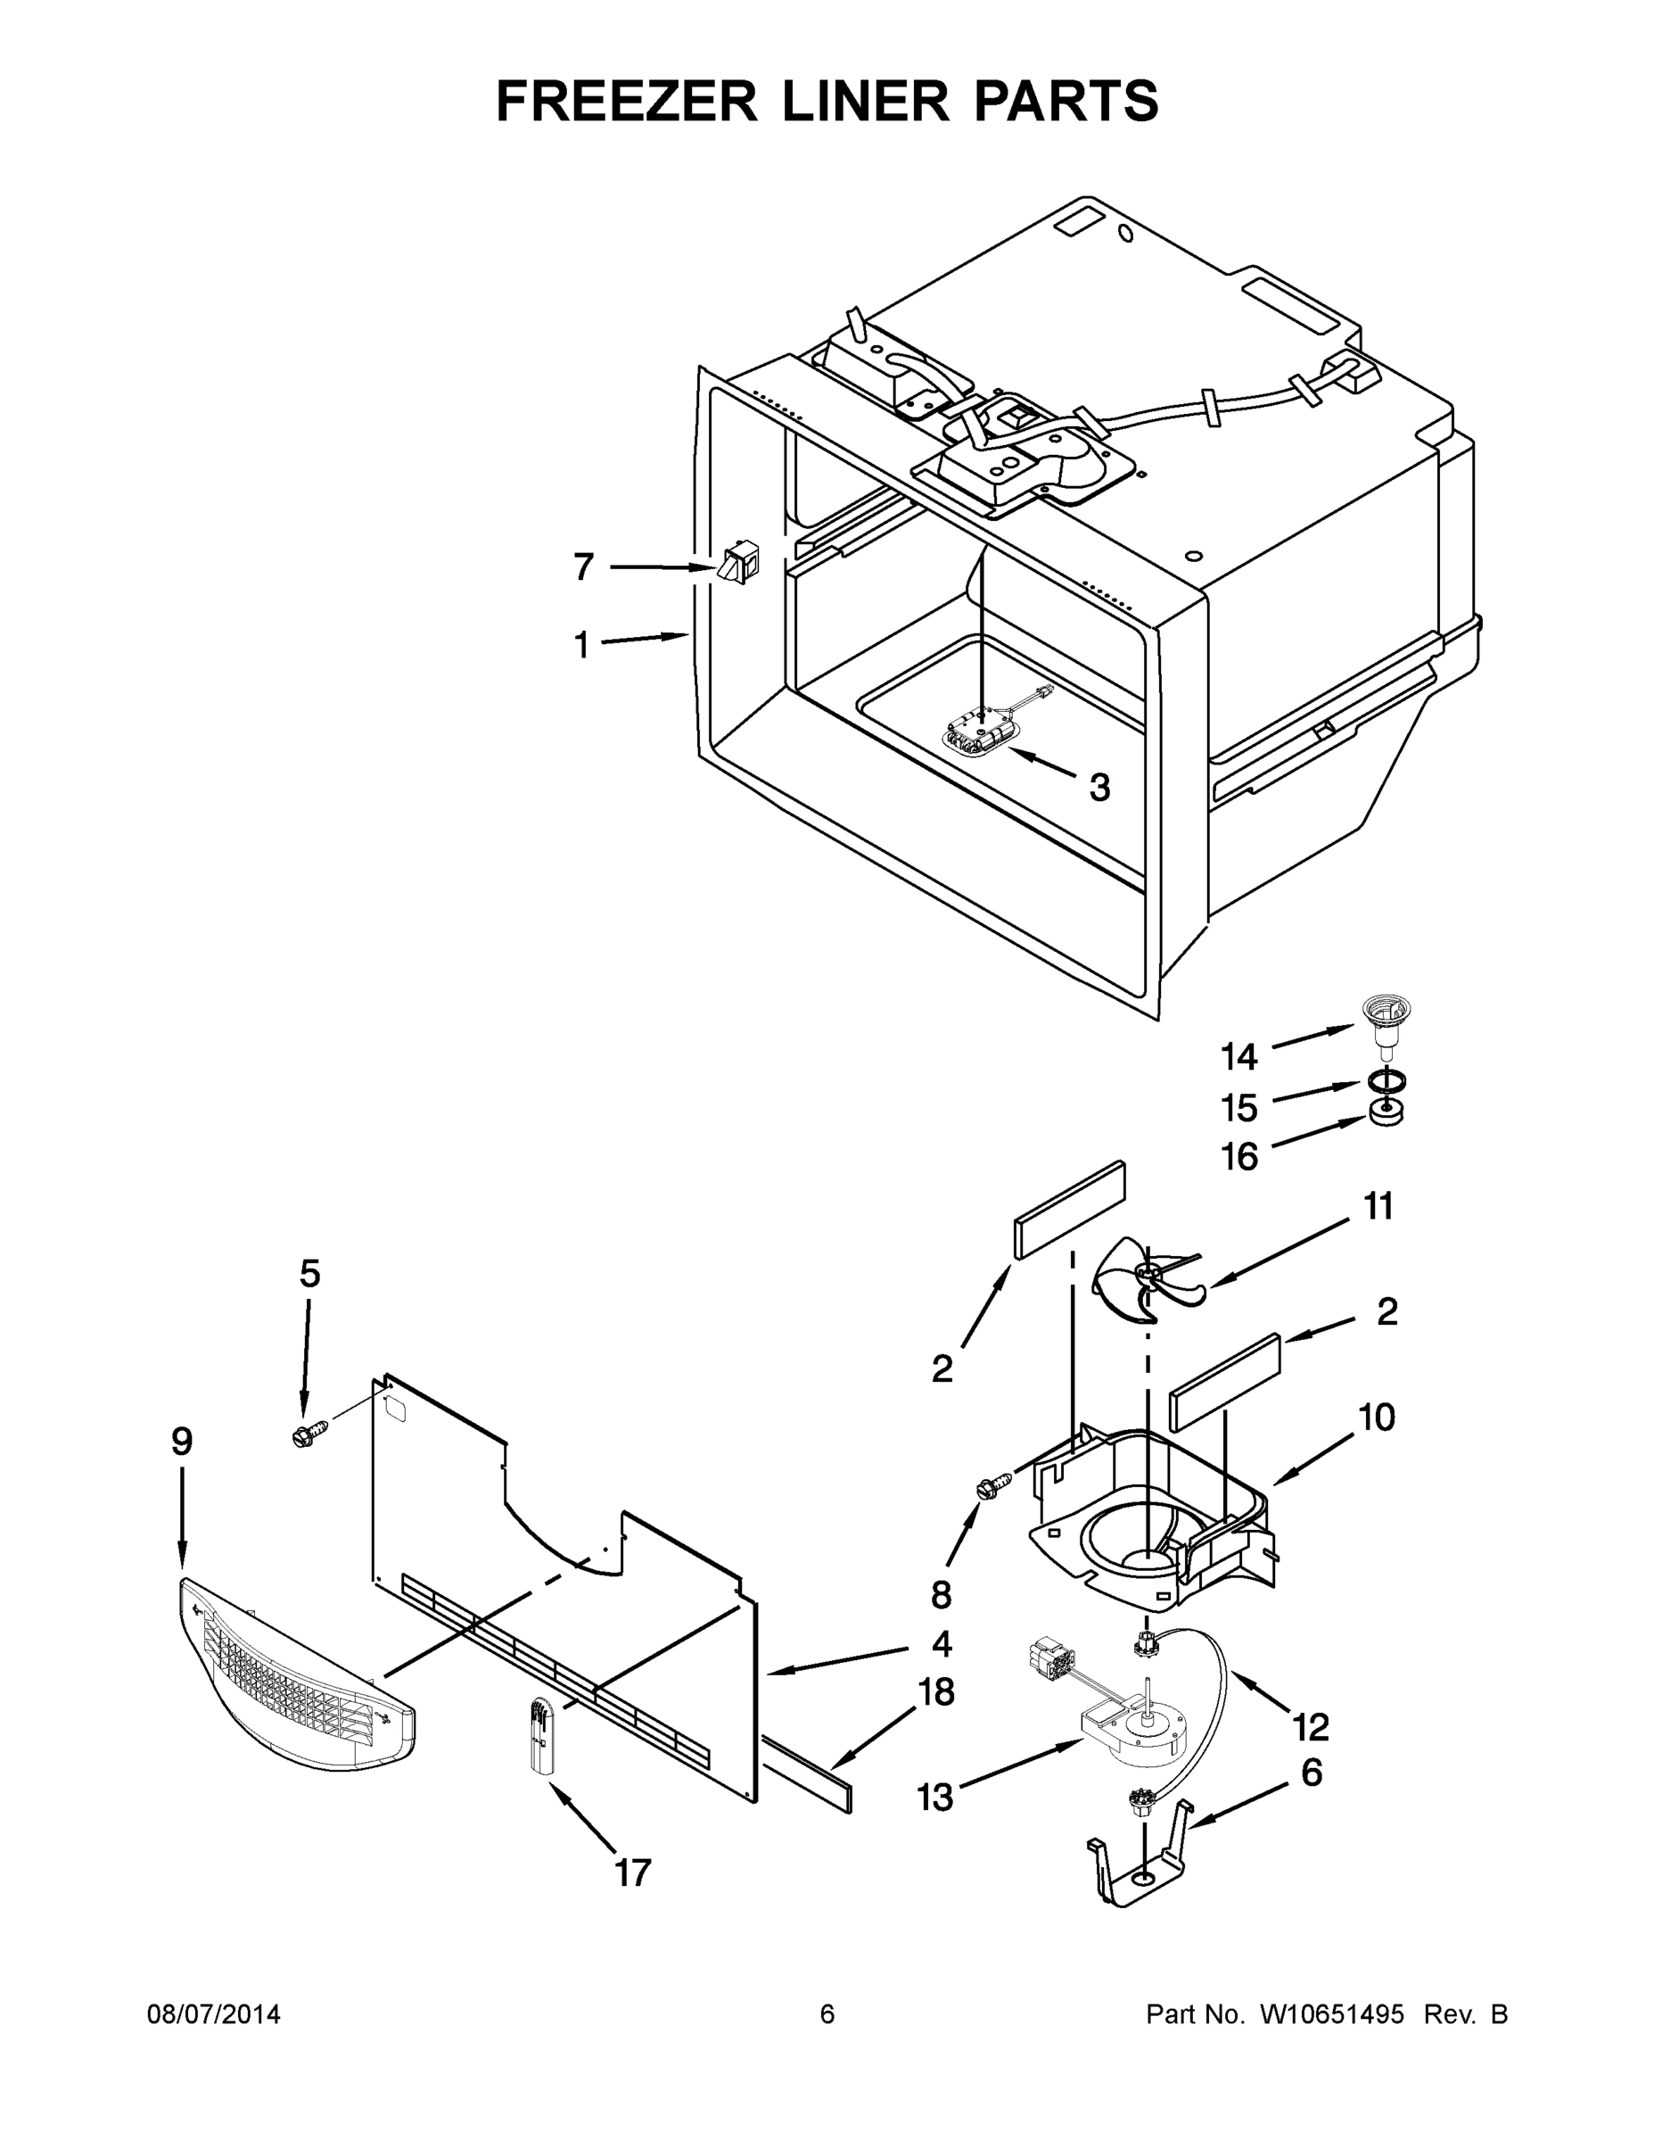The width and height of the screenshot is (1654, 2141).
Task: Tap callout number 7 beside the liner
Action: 583,566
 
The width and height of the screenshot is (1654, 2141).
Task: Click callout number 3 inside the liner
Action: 1099,786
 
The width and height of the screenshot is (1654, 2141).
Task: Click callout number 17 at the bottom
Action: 632,1873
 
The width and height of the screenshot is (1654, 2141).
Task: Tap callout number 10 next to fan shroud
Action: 1377,1417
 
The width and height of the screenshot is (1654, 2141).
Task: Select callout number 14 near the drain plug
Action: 1238,1057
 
